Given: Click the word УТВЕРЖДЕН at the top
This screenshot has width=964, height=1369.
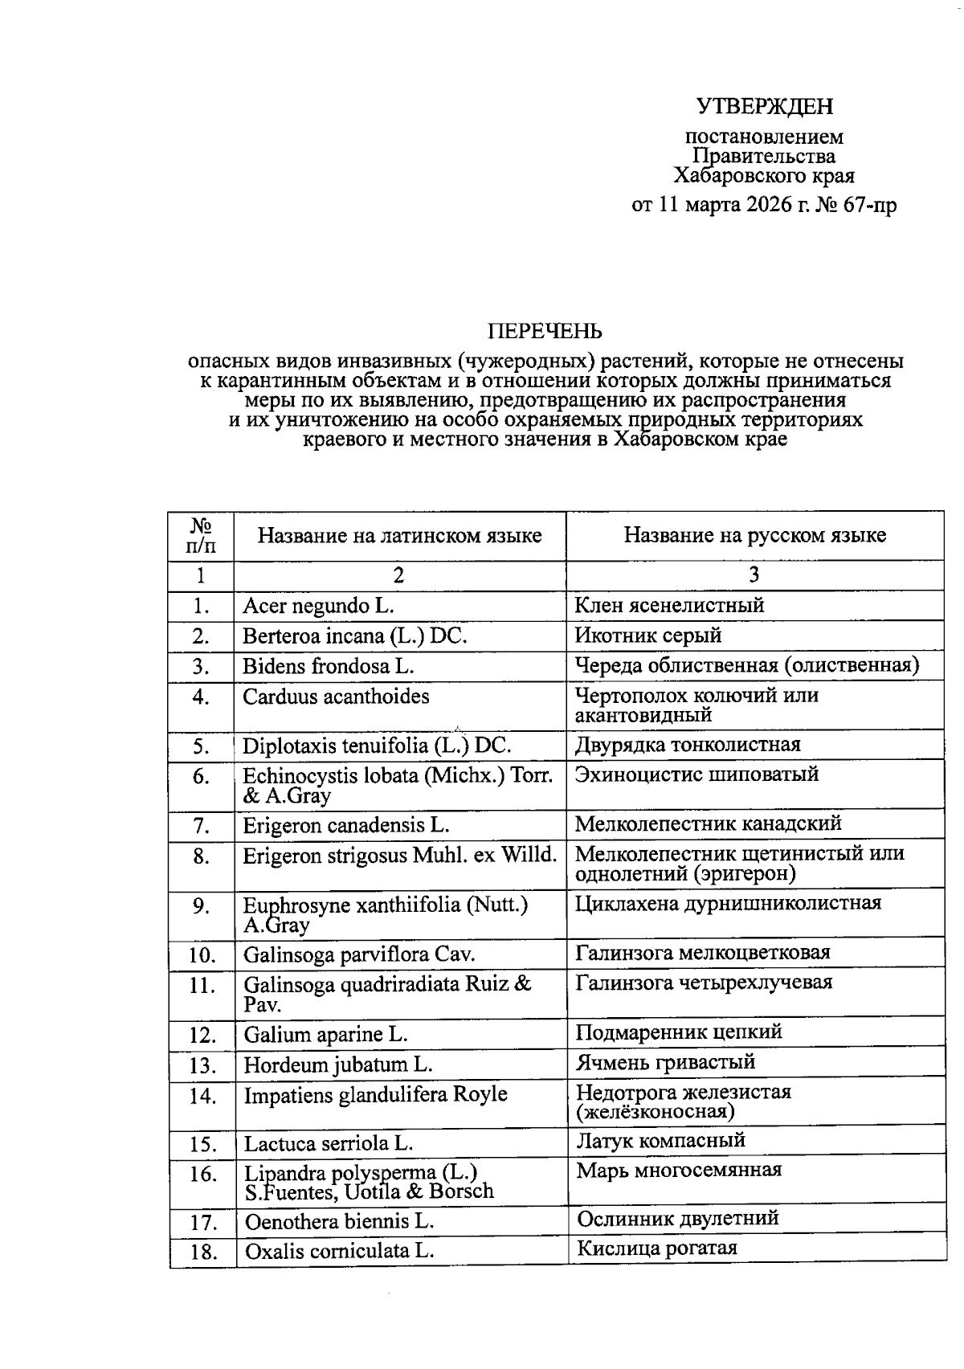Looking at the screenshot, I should (x=764, y=106).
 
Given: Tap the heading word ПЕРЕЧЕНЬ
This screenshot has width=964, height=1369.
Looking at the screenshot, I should (x=545, y=331).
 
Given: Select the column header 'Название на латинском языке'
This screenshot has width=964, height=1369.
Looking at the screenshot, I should (x=399, y=535).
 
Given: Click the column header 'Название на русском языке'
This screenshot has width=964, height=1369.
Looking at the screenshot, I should (x=754, y=535).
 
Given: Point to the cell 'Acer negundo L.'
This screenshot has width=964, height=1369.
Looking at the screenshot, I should (x=318, y=606).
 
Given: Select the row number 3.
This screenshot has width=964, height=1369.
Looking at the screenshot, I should (x=201, y=667).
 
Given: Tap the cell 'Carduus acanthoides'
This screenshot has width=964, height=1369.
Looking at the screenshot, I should (x=336, y=697).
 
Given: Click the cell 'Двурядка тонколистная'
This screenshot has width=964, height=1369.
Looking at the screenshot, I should (x=688, y=745).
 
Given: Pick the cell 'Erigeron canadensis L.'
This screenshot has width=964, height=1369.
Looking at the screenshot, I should (x=346, y=825).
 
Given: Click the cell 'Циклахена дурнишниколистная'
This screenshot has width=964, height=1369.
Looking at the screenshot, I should (x=728, y=903).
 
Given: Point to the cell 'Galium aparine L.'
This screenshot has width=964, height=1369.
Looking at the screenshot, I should (x=325, y=1035).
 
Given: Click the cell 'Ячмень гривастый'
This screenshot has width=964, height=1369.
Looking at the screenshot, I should (x=665, y=1062).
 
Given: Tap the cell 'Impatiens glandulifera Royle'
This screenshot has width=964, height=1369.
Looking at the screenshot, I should (x=375, y=1094).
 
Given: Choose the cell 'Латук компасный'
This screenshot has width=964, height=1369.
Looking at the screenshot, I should (x=660, y=1140).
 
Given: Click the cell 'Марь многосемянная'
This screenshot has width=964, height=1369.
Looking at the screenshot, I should (x=679, y=1170).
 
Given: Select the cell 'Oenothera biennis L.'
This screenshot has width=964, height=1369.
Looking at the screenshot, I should (x=339, y=1222).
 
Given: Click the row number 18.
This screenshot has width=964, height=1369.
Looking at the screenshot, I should (x=202, y=1253).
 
